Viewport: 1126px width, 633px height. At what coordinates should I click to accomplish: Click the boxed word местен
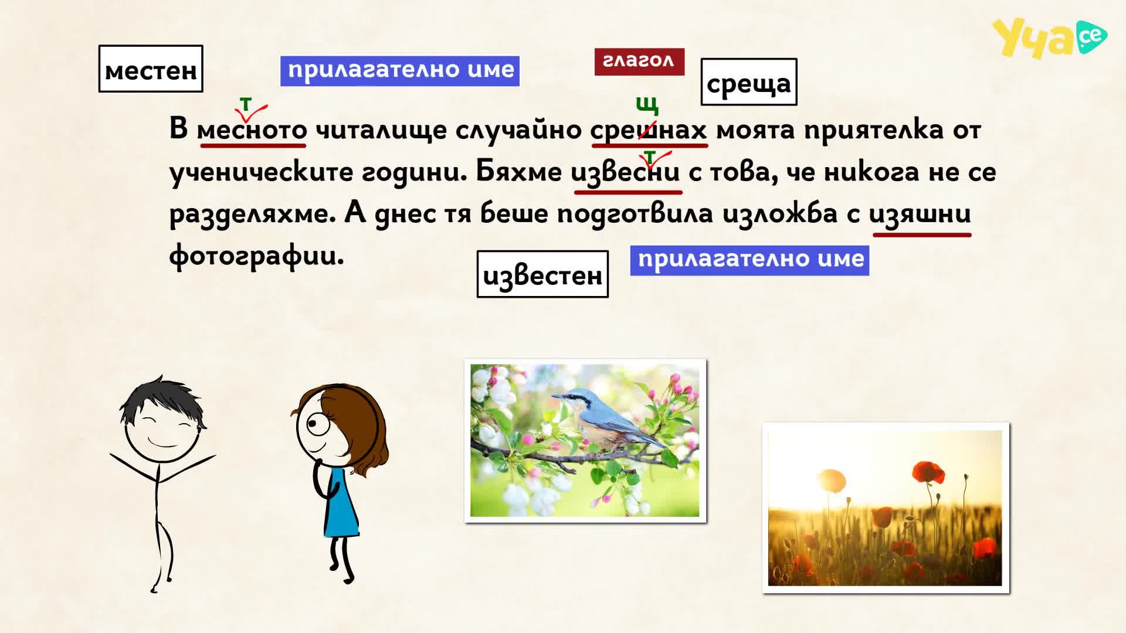pyautogui.click(x=151, y=69)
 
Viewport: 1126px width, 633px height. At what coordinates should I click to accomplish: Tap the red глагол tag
pyautogui.click(x=639, y=62)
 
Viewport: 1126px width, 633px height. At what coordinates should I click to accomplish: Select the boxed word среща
pyautogui.click(x=749, y=82)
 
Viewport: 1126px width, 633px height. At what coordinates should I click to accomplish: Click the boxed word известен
pyautogui.click(x=542, y=274)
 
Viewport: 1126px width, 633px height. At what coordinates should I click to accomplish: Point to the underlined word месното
pyautogui.click(x=252, y=129)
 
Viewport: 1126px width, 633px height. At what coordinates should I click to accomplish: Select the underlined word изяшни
pyautogui.click(x=920, y=213)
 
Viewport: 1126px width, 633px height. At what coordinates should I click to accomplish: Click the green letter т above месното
pyautogui.click(x=245, y=104)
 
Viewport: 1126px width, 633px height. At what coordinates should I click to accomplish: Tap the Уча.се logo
pyautogui.click(x=1049, y=38)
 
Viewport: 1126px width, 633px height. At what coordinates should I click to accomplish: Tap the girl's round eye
pyautogui.click(x=319, y=424)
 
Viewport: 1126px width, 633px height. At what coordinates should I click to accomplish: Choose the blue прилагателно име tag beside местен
pyautogui.click(x=400, y=71)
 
